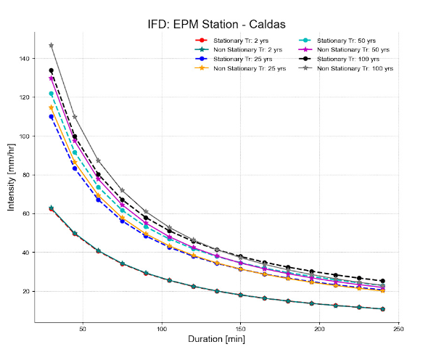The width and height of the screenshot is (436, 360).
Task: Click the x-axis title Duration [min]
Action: pos(218,339)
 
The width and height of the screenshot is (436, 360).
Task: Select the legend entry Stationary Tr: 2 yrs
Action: pos(231,40)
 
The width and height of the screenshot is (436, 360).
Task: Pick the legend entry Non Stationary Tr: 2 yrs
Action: pos(236,49)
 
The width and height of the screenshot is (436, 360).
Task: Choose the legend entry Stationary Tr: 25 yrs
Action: pos(232,59)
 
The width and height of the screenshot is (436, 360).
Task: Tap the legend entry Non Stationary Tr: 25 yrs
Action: pos(237,68)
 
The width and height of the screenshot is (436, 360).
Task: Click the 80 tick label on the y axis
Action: pos(26,175)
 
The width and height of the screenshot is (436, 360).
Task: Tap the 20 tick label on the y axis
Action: pos(26,291)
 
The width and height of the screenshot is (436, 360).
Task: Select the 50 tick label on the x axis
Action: pos(83,329)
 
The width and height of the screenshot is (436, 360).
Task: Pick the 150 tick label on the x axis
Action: pos(241,329)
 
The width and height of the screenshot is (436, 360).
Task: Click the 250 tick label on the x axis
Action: pos(398,329)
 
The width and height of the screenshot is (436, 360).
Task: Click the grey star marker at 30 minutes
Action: pos(52,45)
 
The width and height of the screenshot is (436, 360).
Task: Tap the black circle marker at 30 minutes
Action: pos(52,70)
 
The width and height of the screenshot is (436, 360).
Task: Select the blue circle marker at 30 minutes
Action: pos(52,117)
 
